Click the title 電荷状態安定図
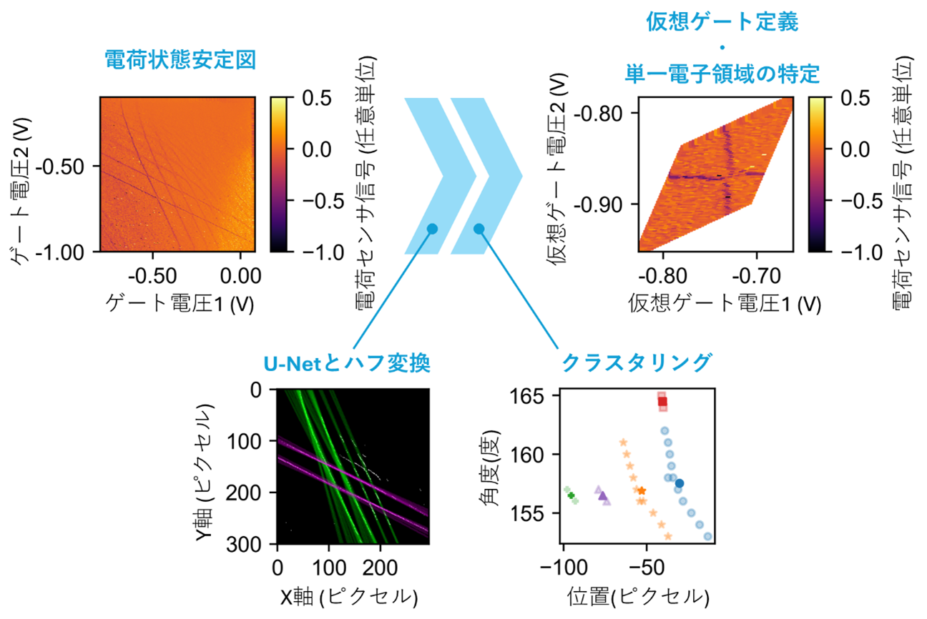(x=180, y=60)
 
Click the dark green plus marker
(x=571, y=495)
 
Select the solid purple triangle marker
(x=602, y=495)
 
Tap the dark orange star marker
(x=642, y=490)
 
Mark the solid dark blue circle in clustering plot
(x=680, y=484)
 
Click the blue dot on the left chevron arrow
(x=432, y=229)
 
